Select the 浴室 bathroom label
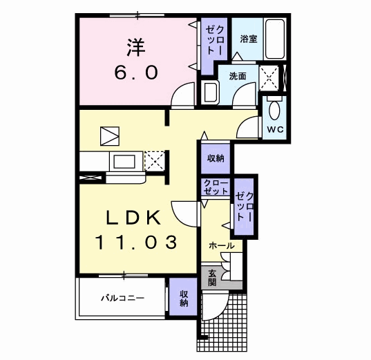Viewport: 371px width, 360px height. pos(248,39)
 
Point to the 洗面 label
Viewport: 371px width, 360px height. pos(238,76)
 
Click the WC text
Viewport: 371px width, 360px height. pos(274,129)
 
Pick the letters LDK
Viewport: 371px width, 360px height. pos(133,217)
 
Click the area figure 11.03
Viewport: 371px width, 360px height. pos(136,243)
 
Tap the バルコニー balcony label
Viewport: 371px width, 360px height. pos(121,299)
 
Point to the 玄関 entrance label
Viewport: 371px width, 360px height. pos(212,277)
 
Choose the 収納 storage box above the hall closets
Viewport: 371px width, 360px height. pos(215,158)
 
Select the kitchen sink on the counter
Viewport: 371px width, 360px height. pos(124,162)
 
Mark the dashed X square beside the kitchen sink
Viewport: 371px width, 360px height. pos(154,162)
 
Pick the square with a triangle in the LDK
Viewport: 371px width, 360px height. pos(109,135)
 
